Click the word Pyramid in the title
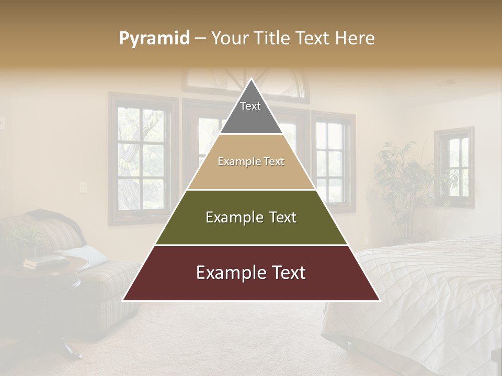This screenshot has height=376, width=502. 154,39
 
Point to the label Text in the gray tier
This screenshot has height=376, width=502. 250,106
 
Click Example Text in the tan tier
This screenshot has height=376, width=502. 251,162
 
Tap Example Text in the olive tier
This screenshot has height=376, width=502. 251,217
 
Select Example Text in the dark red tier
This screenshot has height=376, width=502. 251,273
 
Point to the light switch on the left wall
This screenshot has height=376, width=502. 82,186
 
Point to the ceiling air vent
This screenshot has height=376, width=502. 449,82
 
